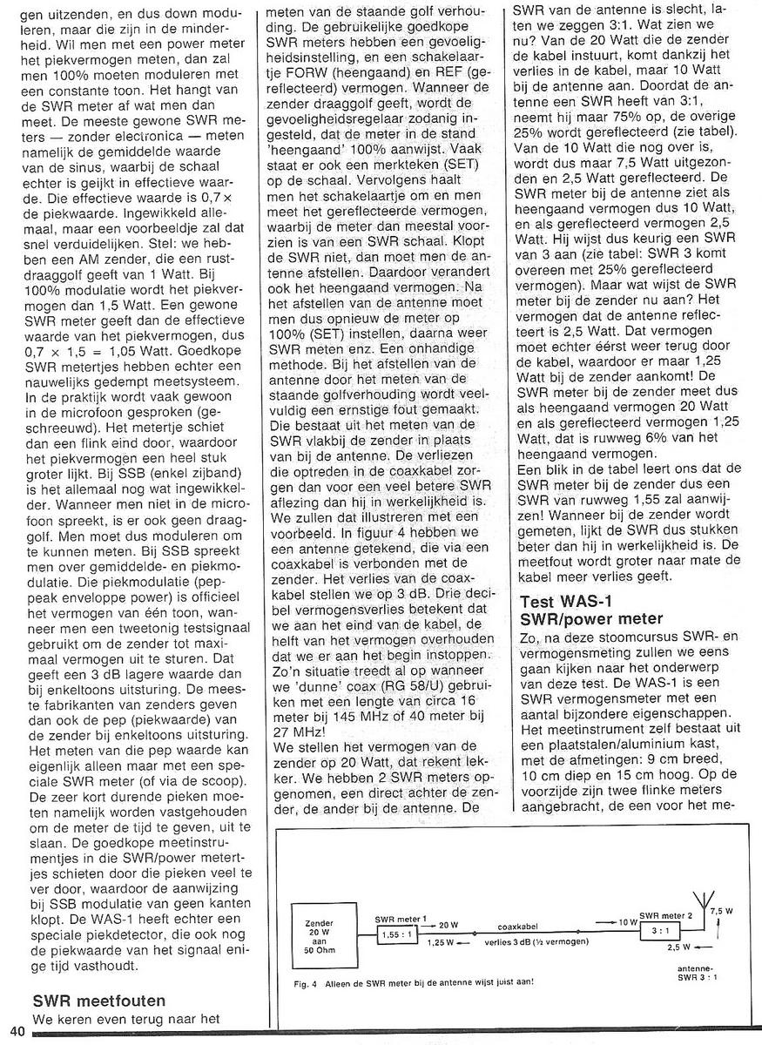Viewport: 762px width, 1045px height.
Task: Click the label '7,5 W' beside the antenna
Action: pos(722,910)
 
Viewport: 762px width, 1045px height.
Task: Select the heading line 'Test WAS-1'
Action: pos(567,601)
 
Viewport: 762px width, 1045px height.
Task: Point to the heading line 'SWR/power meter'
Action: pos(590,619)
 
